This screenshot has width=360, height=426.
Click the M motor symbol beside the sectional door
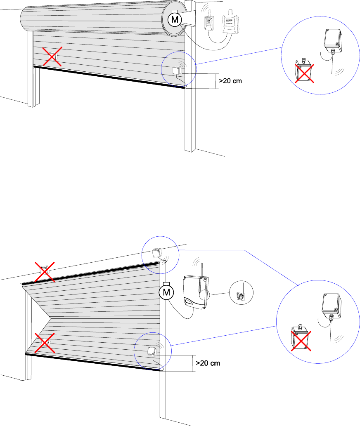[x=166, y=292]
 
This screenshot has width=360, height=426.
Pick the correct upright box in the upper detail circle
[x=333, y=40]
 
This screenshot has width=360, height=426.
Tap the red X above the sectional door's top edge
[x=44, y=271]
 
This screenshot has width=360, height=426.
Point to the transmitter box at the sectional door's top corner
[x=156, y=252]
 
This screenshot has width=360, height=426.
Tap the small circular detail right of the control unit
[x=241, y=293]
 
